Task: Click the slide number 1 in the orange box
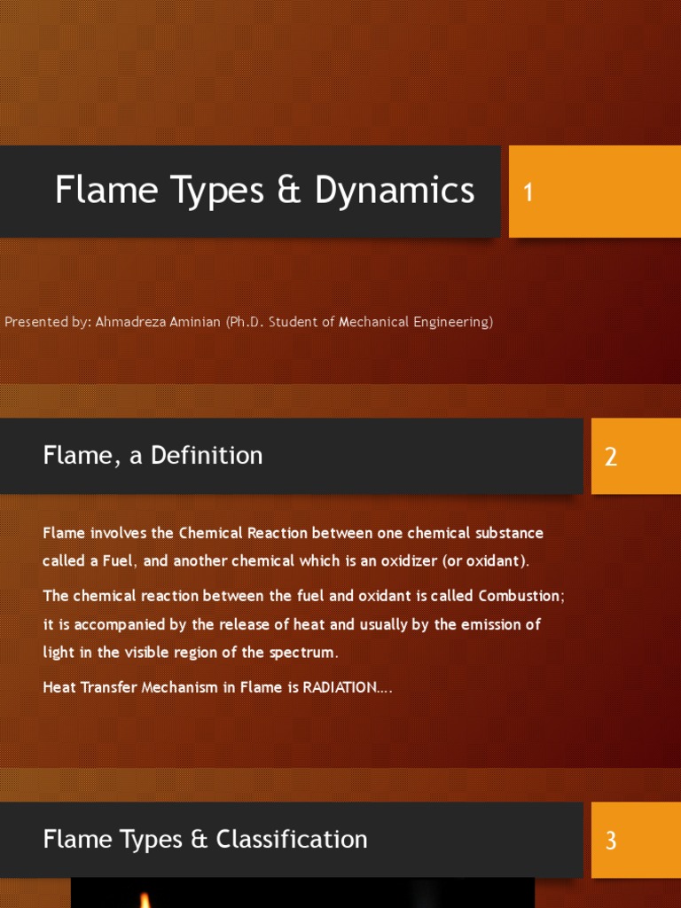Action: [x=528, y=192]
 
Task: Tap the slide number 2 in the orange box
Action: [x=610, y=458]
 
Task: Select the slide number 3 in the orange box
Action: [x=610, y=841]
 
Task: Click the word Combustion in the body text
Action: [x=518, y=596]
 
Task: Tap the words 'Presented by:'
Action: [x=47, y=322]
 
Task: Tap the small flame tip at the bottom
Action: [x=145, y=899]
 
